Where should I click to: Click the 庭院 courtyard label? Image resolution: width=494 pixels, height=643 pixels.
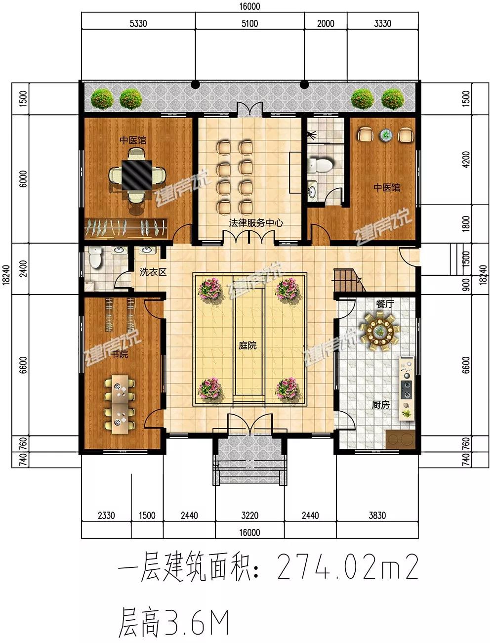click(x=247, y=345)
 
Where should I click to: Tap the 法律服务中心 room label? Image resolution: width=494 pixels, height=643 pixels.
click(x=256, y=223)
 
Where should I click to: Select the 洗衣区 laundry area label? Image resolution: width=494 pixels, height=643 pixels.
click(x=153, y=272)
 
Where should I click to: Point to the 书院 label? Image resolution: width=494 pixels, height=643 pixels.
click(x=120, y=354)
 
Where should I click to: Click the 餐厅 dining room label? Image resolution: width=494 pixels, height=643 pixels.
click(x=385, y=304)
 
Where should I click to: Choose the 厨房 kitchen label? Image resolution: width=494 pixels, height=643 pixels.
click(x=380, y=404)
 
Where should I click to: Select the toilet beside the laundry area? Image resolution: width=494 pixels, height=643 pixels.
click(x=95, y=257)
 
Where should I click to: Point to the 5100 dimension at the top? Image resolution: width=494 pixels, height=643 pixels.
click(x=249, y=23)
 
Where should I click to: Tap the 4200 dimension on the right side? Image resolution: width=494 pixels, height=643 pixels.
click(x=465, y=160)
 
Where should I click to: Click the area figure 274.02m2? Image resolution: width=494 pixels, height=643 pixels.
click(x=348, y=567)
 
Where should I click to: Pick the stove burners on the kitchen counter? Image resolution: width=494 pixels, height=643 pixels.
click(x=406, y=389)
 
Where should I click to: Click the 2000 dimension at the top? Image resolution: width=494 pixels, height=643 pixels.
click(x=326, y=23)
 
